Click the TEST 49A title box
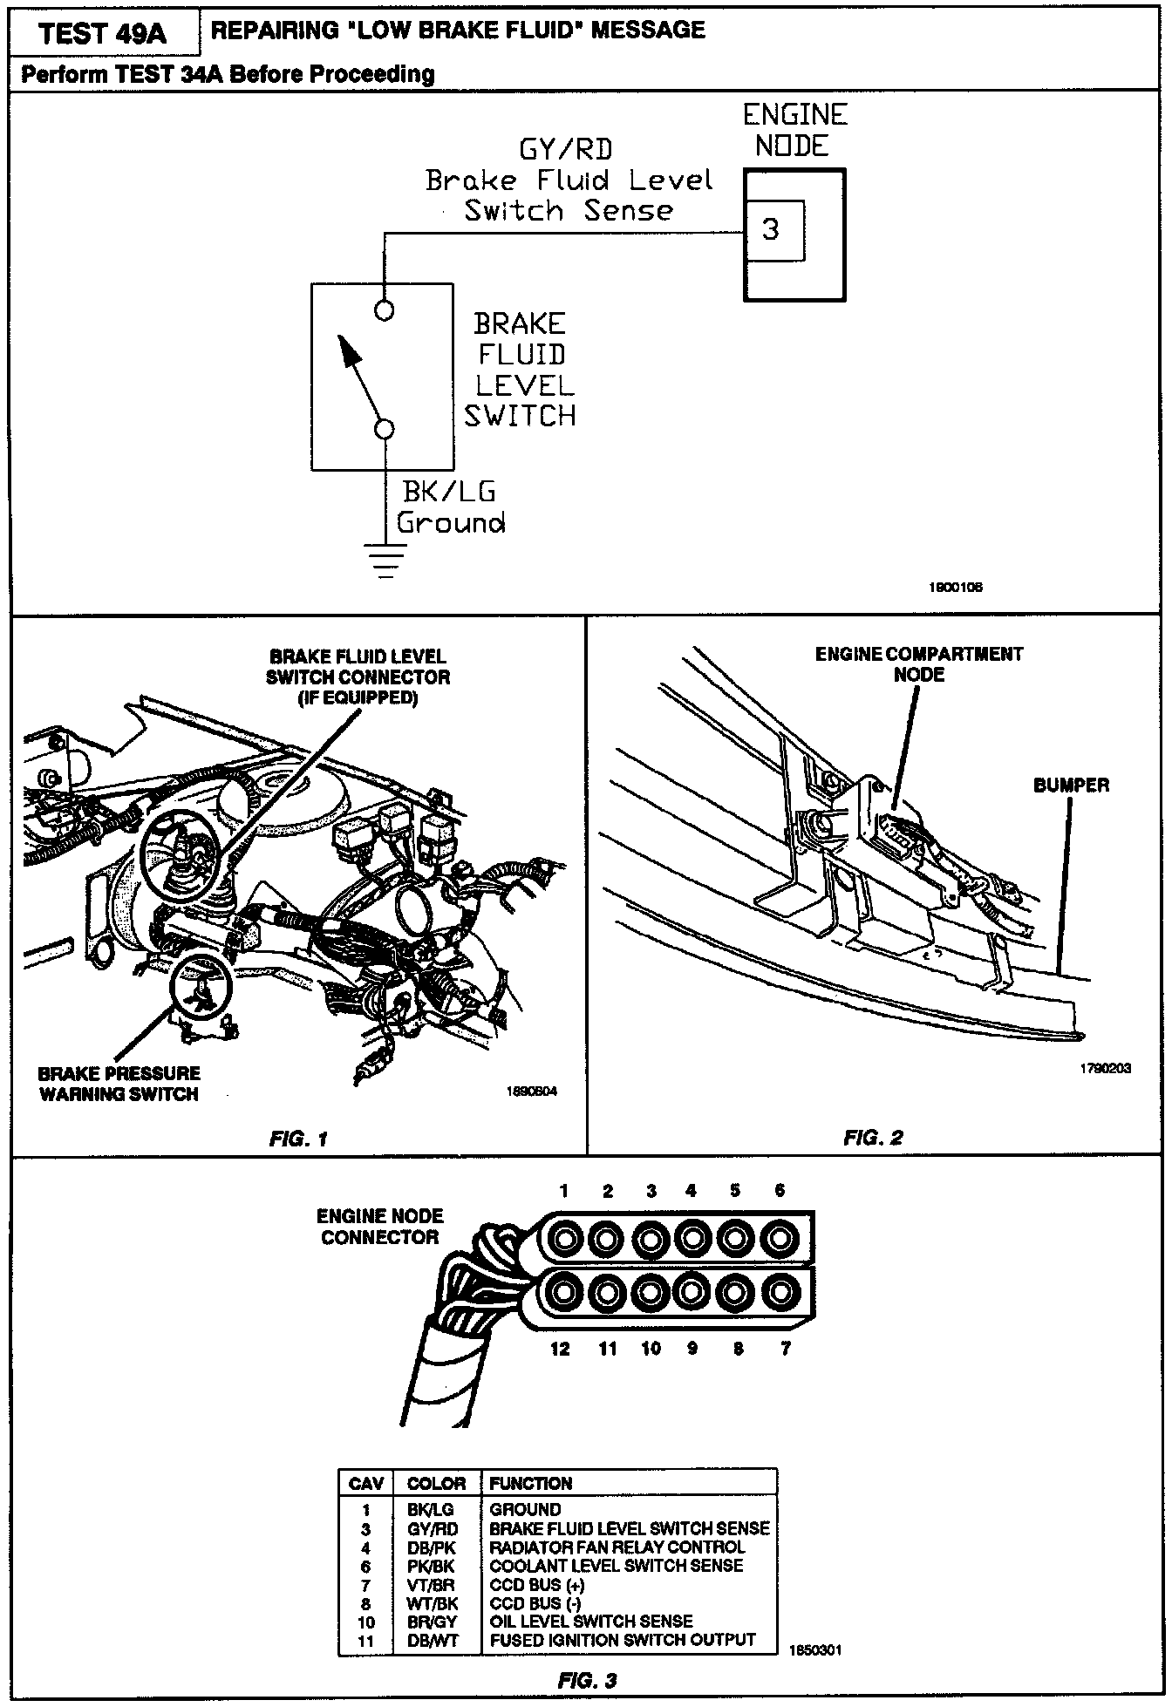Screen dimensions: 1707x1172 tap(102, 33)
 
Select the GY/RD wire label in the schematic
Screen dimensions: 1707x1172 tap(565, 149)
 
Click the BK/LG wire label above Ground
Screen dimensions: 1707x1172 tap(449, 492)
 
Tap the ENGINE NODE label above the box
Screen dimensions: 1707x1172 tap(794, 130)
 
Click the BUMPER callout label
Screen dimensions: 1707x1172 tap(1071, 785)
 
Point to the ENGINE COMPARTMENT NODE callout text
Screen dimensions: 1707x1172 tap(919, 663)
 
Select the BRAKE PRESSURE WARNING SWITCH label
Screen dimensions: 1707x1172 tap(119, 1084)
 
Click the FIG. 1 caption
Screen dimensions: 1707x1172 tap(298, 1139)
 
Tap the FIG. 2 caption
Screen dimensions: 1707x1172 tap(873, 1138)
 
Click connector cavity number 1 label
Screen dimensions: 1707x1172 tap(564, 1191)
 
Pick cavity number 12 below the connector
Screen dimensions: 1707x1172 tap(560, 1350)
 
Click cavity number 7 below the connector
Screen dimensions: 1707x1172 tap(786, 1350)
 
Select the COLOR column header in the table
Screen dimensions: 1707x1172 tap(436, 1484)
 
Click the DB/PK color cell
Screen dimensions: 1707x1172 tap(431, 1547)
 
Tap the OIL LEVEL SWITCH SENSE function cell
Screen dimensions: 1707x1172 tap(591, 1622)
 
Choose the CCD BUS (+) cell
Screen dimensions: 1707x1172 tap(537, 1585)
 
